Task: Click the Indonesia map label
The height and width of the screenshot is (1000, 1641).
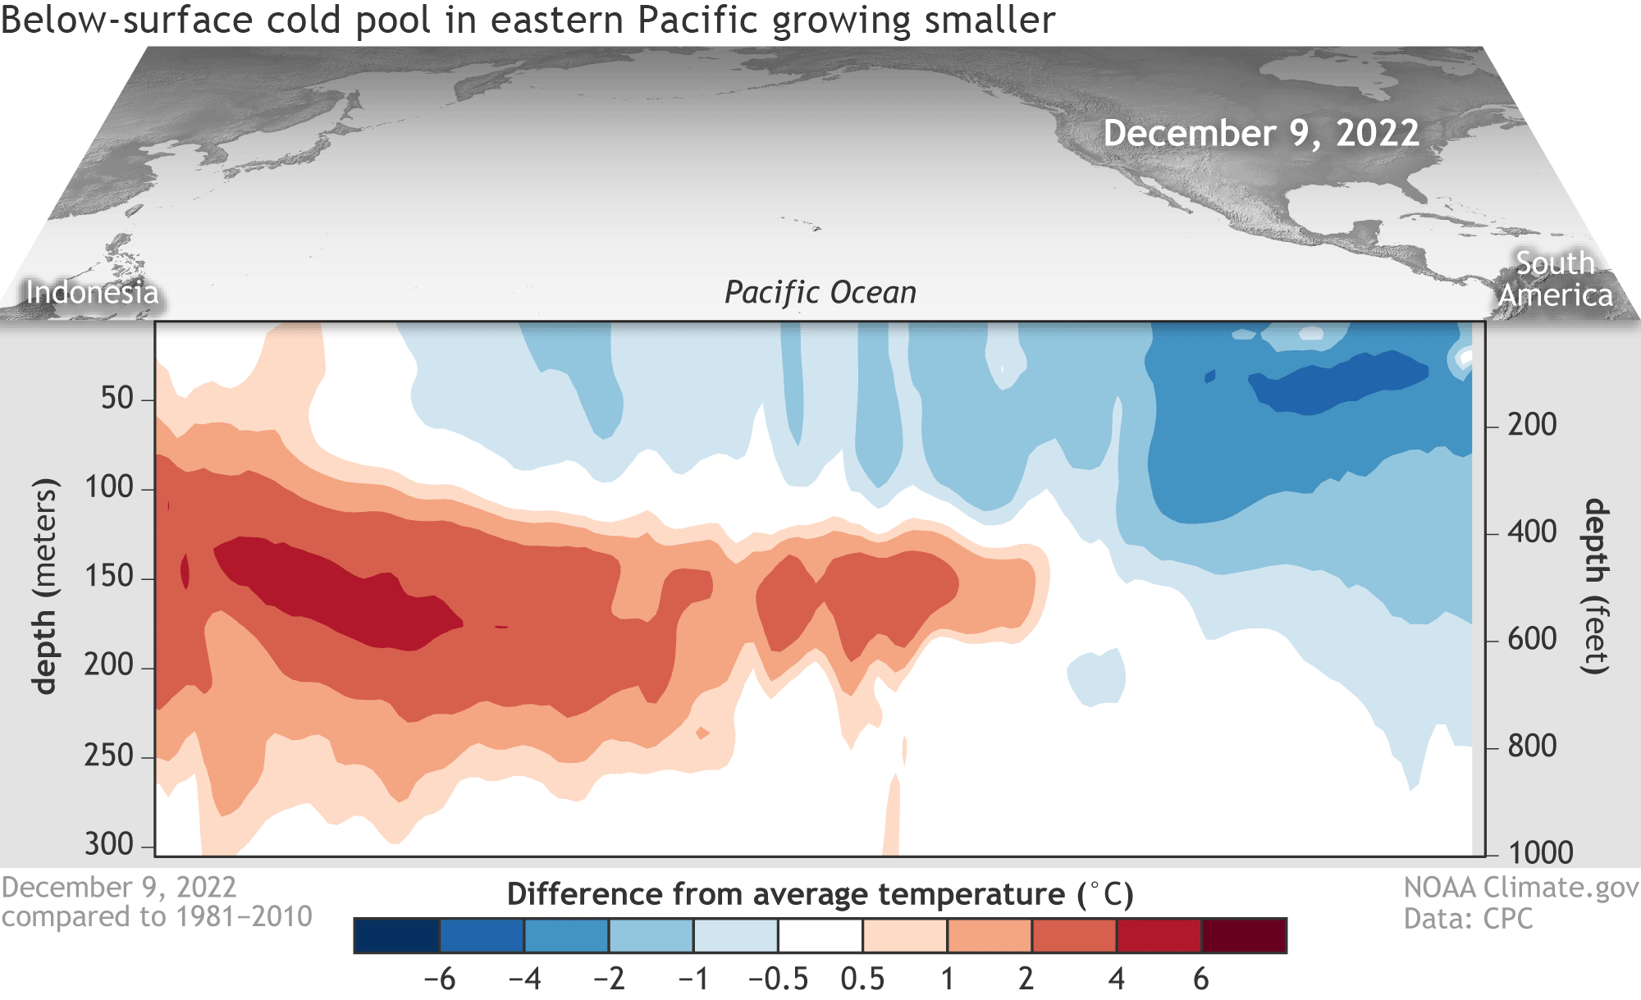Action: tap(92, 292)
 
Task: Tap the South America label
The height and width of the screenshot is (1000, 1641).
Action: tap(1555, 279)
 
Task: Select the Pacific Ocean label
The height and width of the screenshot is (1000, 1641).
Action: tap(820, 292)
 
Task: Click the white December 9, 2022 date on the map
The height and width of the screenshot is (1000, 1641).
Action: tap(1261, 133)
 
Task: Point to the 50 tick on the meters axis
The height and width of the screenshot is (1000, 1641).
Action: tap(117, 399)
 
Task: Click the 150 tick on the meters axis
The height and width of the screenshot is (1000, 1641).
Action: tap(109, 577)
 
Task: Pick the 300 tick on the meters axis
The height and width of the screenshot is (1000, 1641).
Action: tap(109, 844)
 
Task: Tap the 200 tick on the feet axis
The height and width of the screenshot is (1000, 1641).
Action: tap(1532, 425)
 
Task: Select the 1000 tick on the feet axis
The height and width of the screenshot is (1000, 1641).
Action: tap(1540, 853)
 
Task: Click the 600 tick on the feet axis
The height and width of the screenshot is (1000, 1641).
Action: tap(1532, 639)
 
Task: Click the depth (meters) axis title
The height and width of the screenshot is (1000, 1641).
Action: tap(46, 586)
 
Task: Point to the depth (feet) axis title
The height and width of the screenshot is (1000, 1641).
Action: tap(1595, 586)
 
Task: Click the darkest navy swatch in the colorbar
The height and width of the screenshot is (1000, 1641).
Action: tap(396, 936)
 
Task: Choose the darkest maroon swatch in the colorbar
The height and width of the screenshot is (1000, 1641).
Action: tap(1244, 936)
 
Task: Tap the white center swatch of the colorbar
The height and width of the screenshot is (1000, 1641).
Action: tap(820, 936)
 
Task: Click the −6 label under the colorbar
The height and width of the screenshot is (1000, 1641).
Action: tap(439, 979)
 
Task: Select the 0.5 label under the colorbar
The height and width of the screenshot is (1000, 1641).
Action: tap(862, 979)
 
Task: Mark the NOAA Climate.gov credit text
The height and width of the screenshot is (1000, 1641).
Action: tap(1520, 888)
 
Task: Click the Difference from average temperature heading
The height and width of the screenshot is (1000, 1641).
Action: tap(820, 894)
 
